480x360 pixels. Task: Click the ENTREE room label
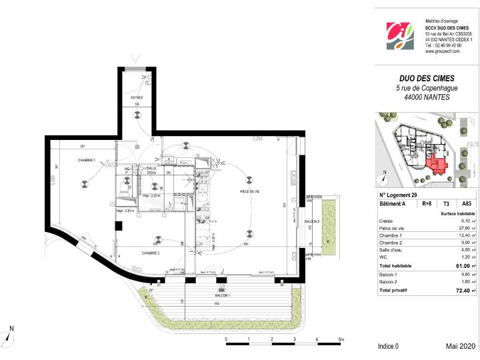[x=137, y=97]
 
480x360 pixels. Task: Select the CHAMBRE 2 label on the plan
[x=150, y=253]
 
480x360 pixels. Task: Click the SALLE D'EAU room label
[x=152, y=170]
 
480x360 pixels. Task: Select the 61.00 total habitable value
[x=462, y=265]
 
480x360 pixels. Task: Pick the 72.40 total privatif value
[x=462, y=291]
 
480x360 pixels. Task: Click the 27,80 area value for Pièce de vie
[x=462, y=228]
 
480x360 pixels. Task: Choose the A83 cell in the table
[x=466, y=204]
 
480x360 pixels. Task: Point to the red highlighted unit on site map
[x=437, y=163]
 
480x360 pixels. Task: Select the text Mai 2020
[x=461, y=347]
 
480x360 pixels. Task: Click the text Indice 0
[x=388, y=347]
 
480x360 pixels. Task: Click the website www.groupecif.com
[x=443, y=51]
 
